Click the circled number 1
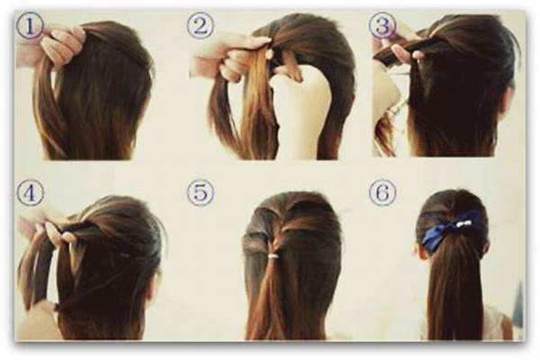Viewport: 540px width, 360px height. coord(31,25)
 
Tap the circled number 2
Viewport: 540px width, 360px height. coord(200,25)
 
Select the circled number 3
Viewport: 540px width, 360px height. coord(382,25)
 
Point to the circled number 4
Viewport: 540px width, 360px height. coord(31,193)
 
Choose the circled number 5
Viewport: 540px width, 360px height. coord(200,193)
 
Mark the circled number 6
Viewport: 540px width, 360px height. coord(382,193)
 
